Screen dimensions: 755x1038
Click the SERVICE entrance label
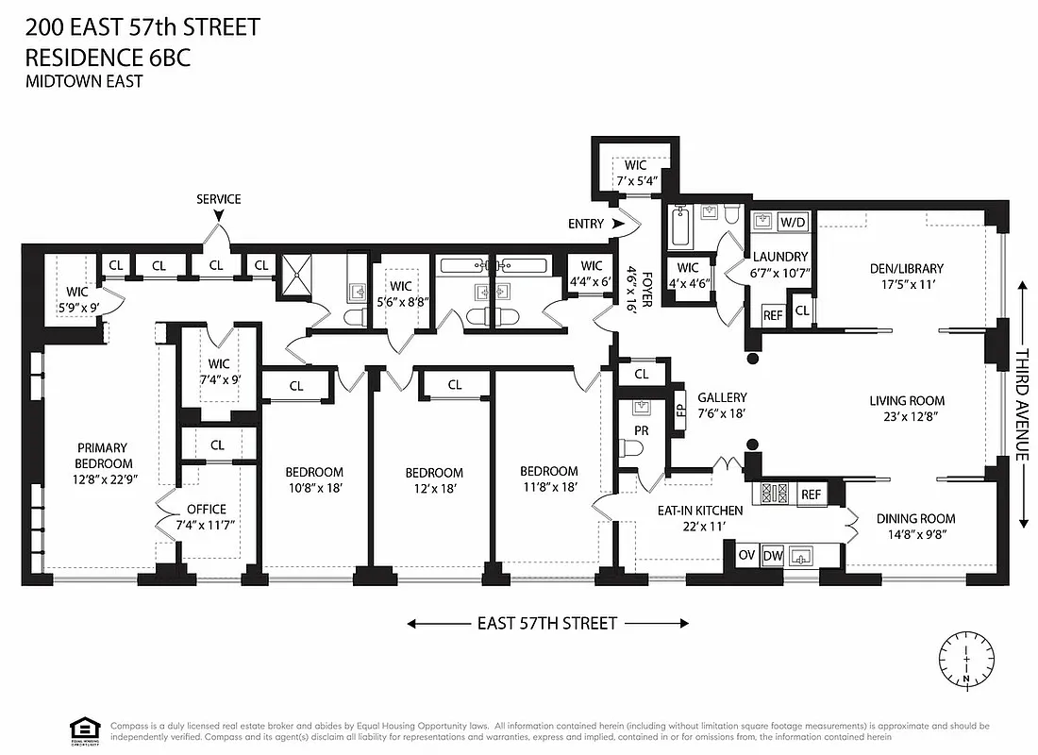tap(218, 199)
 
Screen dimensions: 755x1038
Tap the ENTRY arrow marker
tap(619, 224)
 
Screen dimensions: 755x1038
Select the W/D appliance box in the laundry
tap(794, 222)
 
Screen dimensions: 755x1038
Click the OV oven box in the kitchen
tap(745, 555)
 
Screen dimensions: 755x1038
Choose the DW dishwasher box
tap(772, 555)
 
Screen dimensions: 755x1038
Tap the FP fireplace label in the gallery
tap(679, 411)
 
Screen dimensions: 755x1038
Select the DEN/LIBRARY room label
tap(906, 268)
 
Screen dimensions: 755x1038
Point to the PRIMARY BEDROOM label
tap(103, 455)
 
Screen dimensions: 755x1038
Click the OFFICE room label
tap(206, 510)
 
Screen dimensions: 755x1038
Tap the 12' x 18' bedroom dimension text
tap(434, 489)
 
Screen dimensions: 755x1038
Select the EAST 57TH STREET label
tap(547, 623)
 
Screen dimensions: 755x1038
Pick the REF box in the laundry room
tap(772, 315)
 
